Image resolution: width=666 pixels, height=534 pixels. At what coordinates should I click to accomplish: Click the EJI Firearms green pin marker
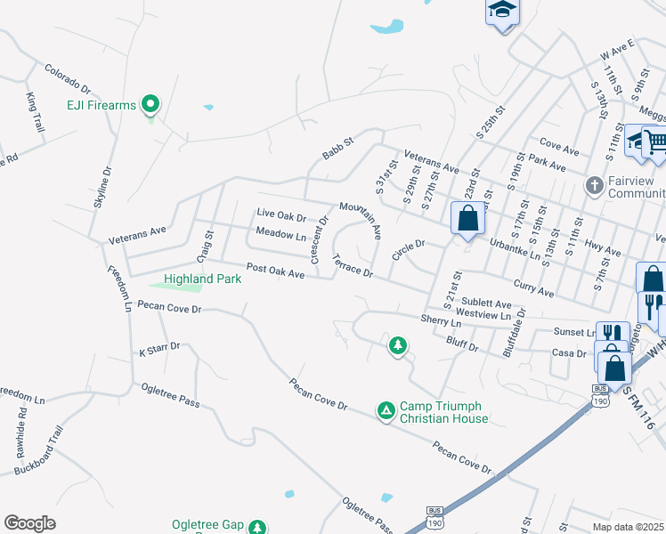(x=150, y=105)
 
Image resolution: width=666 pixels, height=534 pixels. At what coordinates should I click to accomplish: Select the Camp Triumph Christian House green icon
(x=386, y=409)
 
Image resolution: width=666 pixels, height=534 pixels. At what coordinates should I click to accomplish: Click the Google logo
(x=29, y=522)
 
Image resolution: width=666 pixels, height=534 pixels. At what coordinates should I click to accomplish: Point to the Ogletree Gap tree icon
(x=257, y=527)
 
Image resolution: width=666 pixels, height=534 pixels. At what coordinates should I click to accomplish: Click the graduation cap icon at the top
(x=502, y=12)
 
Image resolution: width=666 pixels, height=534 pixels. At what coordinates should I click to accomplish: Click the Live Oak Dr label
(x=280, y=214)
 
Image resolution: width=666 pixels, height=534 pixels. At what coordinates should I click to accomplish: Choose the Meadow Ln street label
(x=280, y=234)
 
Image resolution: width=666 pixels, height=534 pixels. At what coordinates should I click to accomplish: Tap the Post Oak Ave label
(x=275, y=271)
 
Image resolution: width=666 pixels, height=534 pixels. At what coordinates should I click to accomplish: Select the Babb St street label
(x=338, y=148)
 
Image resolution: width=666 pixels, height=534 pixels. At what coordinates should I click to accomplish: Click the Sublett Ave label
(x=486, y=303)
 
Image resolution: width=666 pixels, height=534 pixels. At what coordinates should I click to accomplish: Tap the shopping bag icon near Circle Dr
(x=467, y=218)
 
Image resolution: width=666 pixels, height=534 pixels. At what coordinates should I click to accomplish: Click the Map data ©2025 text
(x=628, y=527)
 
